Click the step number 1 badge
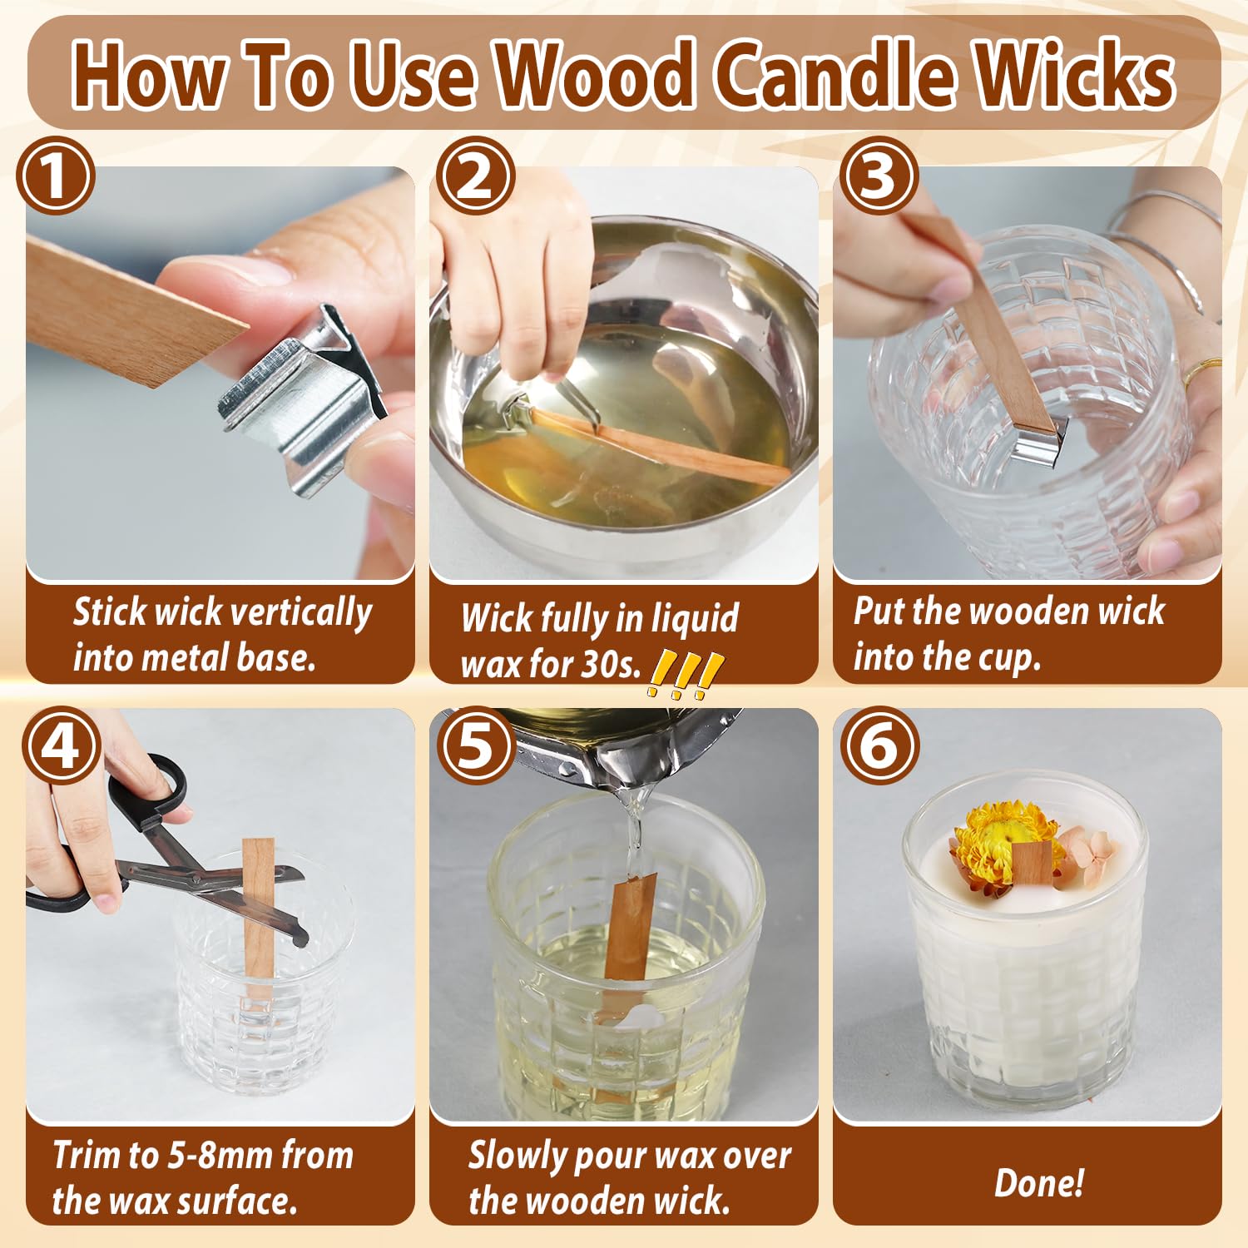pos(56,176)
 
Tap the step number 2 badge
pos(476,176)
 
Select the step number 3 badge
pos(879,176)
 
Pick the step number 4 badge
pos(62,745)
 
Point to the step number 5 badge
pos(476,745)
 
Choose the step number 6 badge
pos(879,745)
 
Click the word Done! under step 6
pos(1039,1182)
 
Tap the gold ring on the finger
pos(1202,372)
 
